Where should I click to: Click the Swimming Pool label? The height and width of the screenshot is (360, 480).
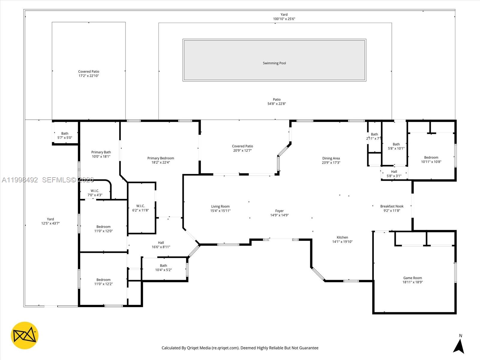[274, 63]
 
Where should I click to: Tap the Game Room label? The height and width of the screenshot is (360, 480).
[412, 278]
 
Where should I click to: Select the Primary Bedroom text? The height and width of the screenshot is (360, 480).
[160, 158]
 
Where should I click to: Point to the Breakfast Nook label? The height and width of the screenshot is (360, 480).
[392, 206]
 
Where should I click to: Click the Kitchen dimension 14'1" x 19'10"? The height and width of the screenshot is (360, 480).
[342, 241]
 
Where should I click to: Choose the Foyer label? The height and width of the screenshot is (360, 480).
[279, 211]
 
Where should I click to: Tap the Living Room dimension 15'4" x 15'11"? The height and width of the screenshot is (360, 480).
[220, 211]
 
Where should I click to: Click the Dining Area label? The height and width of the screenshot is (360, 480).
[331, 158]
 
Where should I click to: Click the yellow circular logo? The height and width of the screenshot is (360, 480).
[25, 335]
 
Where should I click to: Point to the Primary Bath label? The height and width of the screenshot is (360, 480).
[101, 152]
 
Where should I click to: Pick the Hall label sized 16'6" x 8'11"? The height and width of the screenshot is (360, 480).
[161, 243]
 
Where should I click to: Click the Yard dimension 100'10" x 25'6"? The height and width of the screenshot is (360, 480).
[284, 19]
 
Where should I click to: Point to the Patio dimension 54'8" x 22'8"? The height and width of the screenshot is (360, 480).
[277, 103]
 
